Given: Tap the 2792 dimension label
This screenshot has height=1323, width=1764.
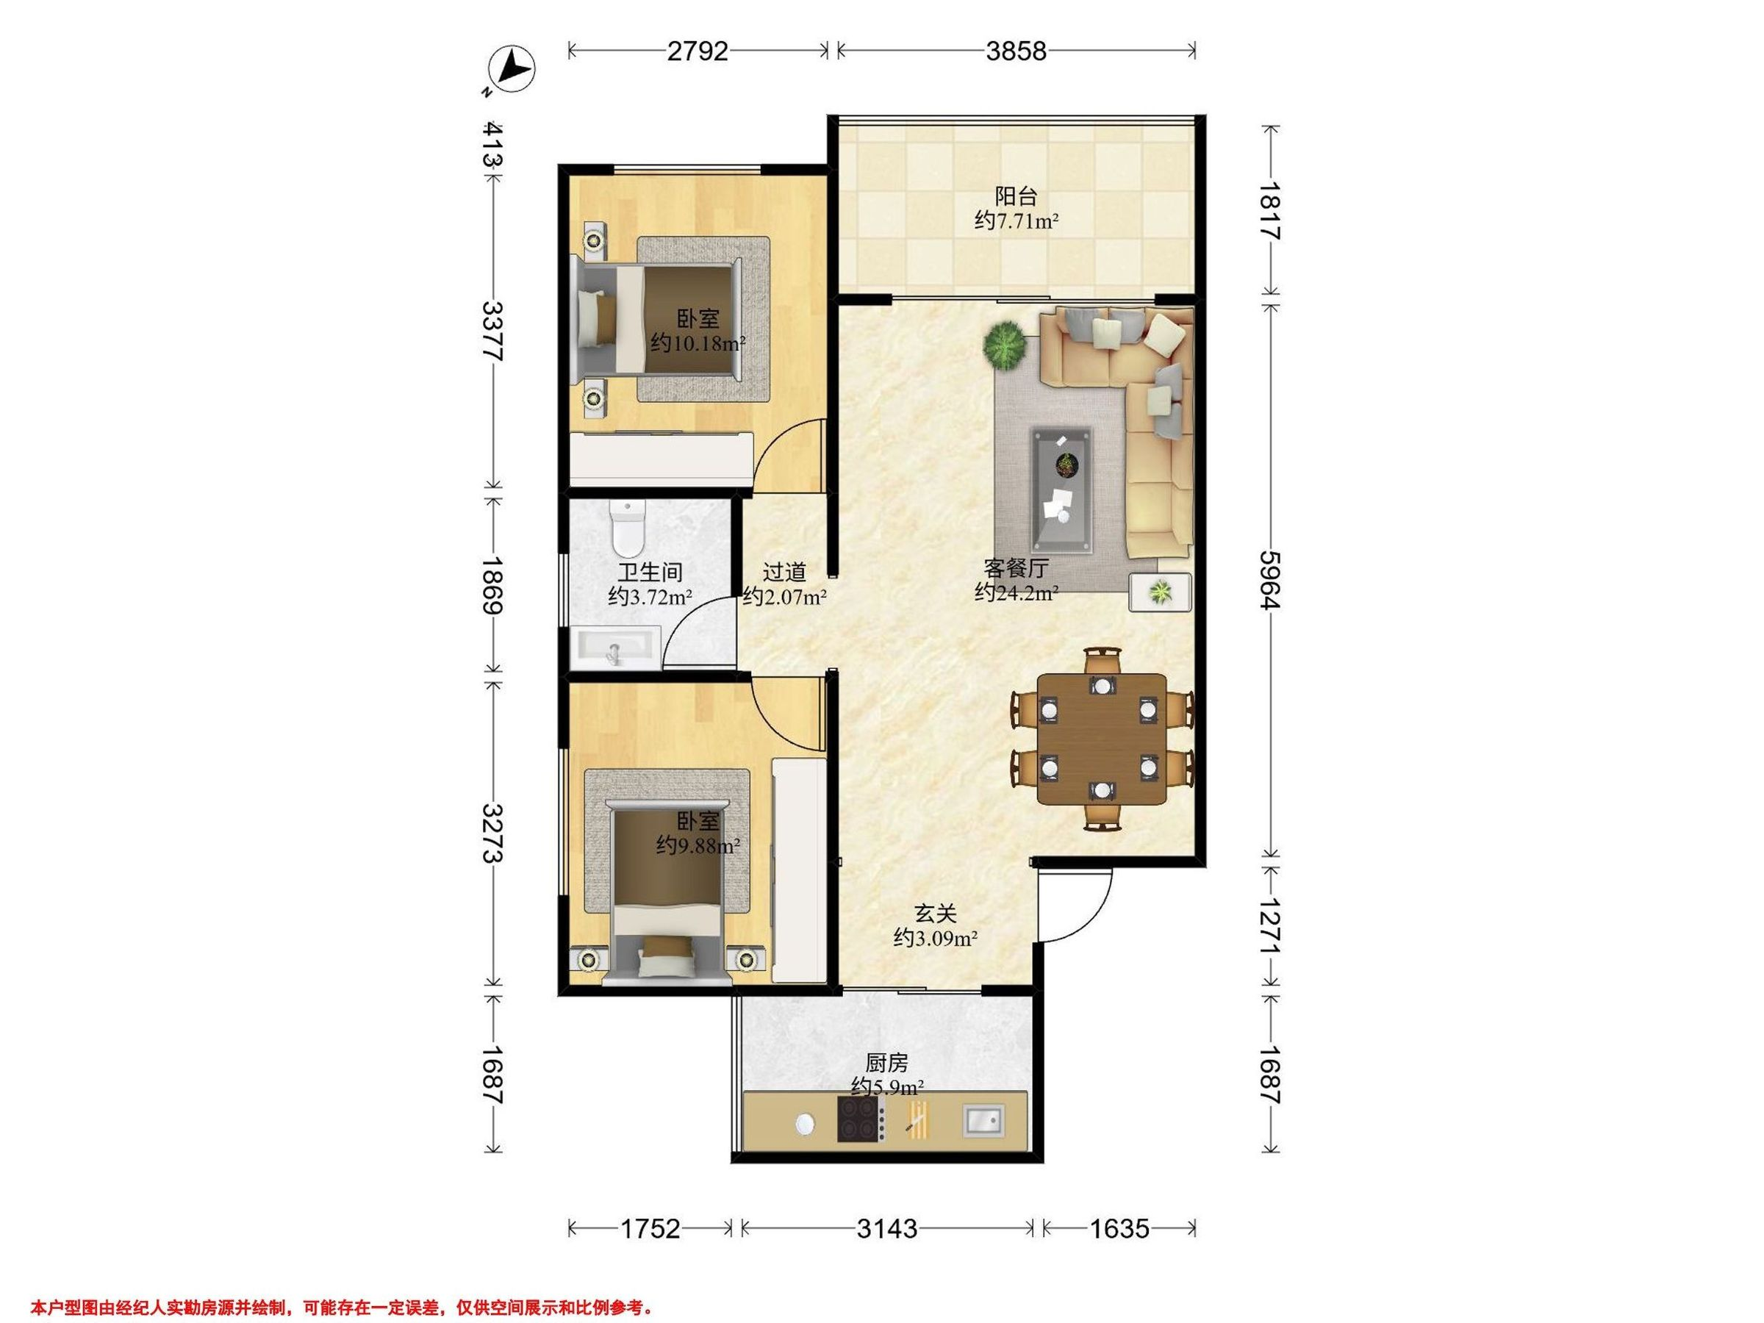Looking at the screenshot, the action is pyautogui.click(x=698, y=51).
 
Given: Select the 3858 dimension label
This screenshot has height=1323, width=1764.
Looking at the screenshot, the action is pyautogui.click(x=1016, y=51).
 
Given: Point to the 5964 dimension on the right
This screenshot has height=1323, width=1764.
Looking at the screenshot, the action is pyautogui.click(x=1269, y=580).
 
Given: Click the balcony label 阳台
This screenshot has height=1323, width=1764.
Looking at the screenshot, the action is pyautogui.click(x=1016, y=196).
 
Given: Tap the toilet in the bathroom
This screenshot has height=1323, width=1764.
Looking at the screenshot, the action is pyautogui.click(x=628, y=528).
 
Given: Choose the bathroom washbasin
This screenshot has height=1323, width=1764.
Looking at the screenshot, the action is pyautogui.click(x=616, y=647).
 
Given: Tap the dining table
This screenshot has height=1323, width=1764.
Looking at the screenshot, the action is pyautogui.click(x=1101, y=739).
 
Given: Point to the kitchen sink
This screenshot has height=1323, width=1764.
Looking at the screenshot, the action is pyautogui.click(x=983, y=1120).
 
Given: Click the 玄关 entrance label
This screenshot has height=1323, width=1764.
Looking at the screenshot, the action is pyautogui.click(x=936, y=914).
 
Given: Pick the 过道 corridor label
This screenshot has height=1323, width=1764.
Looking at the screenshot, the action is pyautogui.click(x=785, y=572).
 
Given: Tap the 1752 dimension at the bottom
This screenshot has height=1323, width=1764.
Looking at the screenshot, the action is pyautogui.click(x=650, y=1229).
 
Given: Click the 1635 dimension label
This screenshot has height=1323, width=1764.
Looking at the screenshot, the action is pyautogui.click(x=1119, y=1229).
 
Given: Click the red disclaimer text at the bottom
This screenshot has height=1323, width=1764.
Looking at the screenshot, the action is pyautogui.click(x=342, y=1286).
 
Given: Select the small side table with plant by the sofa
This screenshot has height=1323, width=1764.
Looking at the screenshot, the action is pyautogui.click(x=1161, y=592).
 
